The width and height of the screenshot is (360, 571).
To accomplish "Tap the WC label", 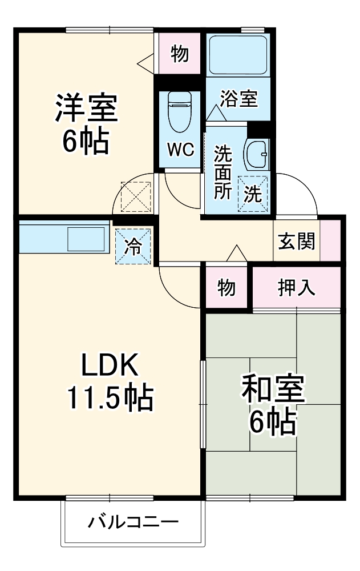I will point(180,150).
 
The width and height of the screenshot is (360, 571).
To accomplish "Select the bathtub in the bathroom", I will point(237,55).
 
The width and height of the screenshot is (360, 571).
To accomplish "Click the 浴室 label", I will point(239,98).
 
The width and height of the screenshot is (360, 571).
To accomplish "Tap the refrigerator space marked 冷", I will point(133,247).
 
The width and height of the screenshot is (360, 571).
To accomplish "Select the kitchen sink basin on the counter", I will point(86,239).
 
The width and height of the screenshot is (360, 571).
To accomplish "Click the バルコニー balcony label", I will point(134,522).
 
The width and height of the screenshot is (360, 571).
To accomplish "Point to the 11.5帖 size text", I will point(111,398).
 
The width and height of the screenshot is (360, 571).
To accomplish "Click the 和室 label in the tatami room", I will point(273,390).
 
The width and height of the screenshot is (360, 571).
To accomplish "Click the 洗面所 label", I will point(222,172).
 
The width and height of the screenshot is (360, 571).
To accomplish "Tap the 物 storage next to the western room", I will point(179,54).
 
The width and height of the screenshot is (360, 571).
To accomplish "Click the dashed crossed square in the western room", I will point(136,196).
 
